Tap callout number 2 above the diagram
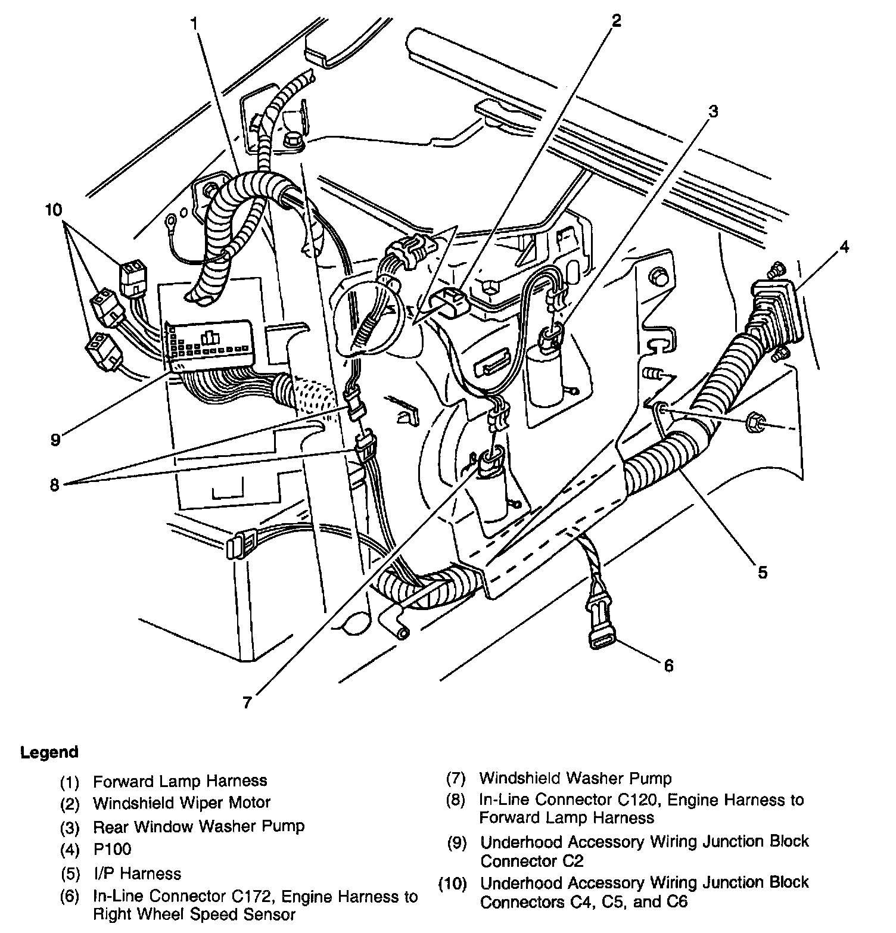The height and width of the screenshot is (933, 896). [616, 21]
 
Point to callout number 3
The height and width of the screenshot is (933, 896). [713, 111]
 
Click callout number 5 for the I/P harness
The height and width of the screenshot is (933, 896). [762, 573]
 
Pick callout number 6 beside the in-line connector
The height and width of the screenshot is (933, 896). [668, 665]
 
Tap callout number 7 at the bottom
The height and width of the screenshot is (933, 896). [247, 702]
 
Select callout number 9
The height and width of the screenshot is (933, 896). [55, 440]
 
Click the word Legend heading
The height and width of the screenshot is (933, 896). [49, 752]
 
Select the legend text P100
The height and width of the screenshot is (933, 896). [112, 849]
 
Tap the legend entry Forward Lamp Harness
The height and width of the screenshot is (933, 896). [180, 780]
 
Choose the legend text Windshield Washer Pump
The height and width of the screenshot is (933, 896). [575, 778]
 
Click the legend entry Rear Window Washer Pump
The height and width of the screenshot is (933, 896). [198, 826]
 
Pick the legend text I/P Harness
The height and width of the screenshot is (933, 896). [137, 873]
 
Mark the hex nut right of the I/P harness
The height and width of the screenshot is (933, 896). [752, 424]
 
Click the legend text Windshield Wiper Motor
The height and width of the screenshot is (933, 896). [182, 803]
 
